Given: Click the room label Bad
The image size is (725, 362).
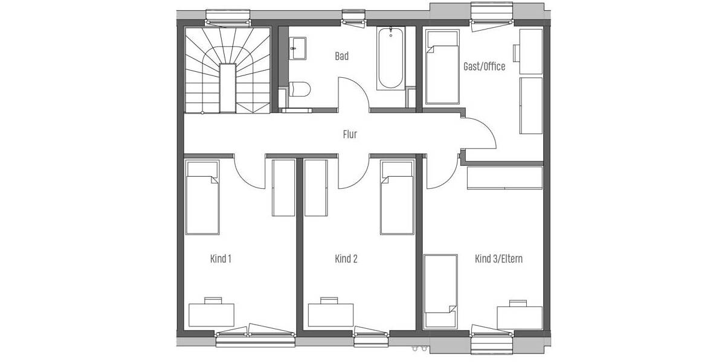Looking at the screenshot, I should tap(341, 57).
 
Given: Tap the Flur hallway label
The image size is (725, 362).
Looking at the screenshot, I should tap(349, 135).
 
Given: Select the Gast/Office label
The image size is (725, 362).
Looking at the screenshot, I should tap(484, 66).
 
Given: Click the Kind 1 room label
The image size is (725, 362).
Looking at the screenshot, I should tap(221, 259).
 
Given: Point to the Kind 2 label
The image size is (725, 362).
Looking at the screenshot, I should tap(346, 259).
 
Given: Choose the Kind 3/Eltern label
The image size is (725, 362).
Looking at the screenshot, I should tap(498, 259).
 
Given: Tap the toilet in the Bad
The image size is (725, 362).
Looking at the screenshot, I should tap(300, 89).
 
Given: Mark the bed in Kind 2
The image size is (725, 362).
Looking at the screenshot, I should tap(398, 197).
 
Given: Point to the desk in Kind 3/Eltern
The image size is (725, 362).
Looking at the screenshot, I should tap(519, 317).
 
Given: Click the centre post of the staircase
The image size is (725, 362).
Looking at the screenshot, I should tap(227, 87).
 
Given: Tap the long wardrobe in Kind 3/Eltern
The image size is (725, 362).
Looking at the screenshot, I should tap(505, 179).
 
